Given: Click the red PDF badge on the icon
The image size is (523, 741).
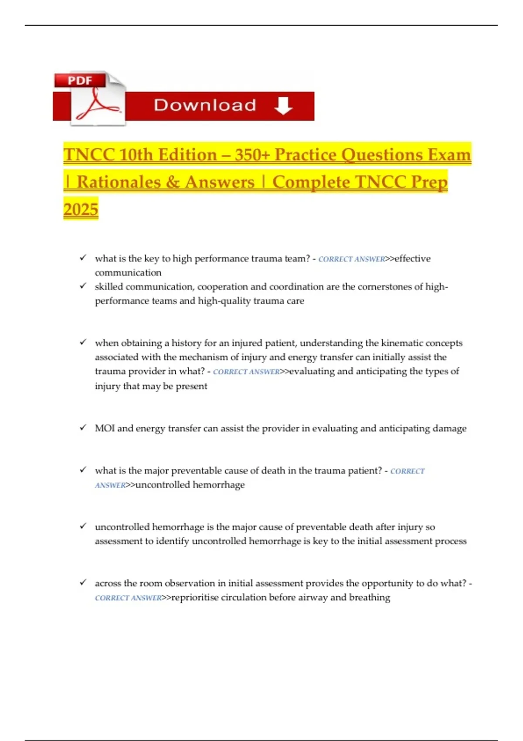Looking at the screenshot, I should (x=80, y=81).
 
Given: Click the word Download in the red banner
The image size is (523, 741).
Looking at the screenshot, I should (x=205, y=105).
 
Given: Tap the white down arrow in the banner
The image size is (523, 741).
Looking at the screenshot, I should (x=283, y=105).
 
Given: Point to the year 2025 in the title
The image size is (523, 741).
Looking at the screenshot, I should (x=81, y=209).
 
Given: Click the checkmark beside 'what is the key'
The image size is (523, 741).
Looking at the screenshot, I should (x=83, y=258).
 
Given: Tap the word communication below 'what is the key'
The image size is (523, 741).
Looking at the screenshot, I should (x=128, y=273).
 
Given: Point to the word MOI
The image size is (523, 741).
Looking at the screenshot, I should (x=105, y=428).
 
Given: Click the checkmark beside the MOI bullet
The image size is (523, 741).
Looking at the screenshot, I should (x=83, y=428).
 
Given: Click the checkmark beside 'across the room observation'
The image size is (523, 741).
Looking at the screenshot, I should (x=83, y=582).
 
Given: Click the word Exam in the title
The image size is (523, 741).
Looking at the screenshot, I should (x=449, y=155).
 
